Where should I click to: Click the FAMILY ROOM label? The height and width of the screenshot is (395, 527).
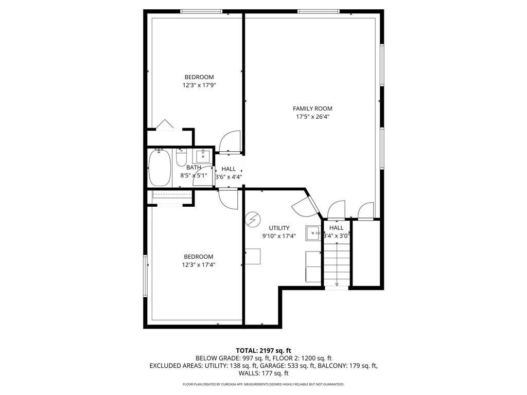point(312,109)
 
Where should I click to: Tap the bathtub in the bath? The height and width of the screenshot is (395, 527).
point(159,168)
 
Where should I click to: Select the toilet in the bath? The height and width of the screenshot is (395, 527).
point(181,158)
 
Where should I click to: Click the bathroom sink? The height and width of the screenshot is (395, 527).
point(202,155)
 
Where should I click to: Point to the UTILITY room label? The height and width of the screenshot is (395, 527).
point(279,228)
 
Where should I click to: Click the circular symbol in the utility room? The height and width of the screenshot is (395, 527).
point(252,220)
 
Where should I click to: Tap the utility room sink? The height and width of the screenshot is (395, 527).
point(313,233)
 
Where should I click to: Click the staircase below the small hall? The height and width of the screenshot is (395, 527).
point(337,265)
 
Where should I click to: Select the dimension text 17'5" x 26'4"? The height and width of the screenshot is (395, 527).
point(312,117)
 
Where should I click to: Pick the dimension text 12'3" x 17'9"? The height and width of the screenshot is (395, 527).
point(199,85)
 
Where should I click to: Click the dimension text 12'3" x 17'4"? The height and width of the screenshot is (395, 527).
point(198,265)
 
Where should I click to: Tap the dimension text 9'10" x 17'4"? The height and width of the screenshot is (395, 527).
point(279,236)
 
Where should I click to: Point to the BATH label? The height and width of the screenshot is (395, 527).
point(194,168)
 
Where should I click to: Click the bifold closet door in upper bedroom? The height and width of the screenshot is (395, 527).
point(165,124)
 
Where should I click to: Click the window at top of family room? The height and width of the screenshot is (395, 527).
point(318,11)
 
